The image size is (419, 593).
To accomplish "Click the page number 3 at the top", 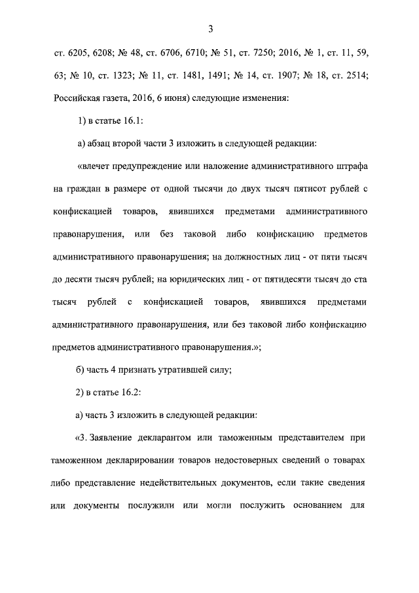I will coord(210,28).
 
